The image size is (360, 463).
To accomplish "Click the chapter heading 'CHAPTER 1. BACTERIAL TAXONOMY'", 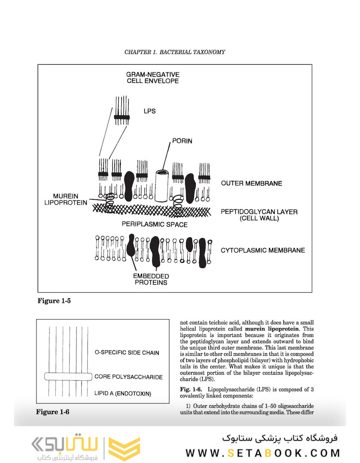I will point(174,52).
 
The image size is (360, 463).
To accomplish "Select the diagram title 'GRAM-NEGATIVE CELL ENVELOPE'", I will point(153,77).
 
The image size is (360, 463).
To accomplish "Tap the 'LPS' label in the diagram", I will point(150,111).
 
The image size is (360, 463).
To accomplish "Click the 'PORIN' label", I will point(182,141).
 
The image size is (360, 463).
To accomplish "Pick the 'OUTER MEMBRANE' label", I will point(252,183).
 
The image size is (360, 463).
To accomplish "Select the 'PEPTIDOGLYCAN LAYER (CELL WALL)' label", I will point(259,215).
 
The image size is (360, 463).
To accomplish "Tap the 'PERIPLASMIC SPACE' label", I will point(154,224).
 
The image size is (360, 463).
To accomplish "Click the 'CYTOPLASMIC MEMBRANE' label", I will point(263,250).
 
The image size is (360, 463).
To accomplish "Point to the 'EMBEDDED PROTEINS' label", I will point(151,279).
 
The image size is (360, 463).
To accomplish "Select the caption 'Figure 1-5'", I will point(54,301).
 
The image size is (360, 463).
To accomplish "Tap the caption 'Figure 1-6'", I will point(52,412).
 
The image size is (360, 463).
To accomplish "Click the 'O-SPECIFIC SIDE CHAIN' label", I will point(127,353).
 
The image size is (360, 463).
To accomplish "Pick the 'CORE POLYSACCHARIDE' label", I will point(129,377).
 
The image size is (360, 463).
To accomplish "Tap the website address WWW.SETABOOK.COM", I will point(263,453).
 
